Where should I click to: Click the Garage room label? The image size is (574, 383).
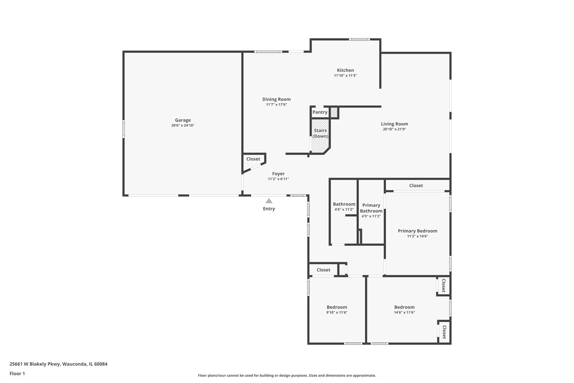[x=183, y=120]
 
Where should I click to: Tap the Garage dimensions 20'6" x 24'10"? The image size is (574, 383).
[x=183, y=125]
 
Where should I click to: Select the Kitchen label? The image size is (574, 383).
[x=345, y=70]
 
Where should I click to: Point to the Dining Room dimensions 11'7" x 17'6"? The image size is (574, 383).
[x=276, y=105]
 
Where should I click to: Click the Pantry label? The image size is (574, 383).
[x=320, y=112]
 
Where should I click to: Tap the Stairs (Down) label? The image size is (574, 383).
[x=320, y=133]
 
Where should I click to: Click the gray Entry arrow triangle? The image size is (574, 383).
[x=269, y=201]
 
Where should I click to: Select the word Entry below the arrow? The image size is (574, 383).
[x=269, y=209]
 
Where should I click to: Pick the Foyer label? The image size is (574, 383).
[x=278, y=174]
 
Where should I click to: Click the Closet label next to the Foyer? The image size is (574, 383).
[x=253, y=159]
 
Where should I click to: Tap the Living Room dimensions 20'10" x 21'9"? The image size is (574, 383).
[x=394, y=129]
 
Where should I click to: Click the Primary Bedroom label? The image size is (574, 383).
[x=417, y=231]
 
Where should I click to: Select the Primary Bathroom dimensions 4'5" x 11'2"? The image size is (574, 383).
[x=371, y=216]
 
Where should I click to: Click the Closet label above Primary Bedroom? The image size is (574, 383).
[x=416, y=185]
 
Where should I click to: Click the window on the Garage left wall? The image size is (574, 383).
[x=124, y=129]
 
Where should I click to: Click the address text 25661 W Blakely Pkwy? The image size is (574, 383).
[x=35, y=364]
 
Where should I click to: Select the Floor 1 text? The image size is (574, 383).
[x=17, y=374]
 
